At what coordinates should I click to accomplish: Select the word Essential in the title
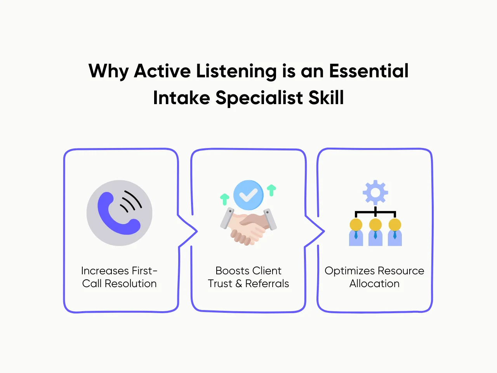[368, 71]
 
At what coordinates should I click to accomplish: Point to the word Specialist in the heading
[259, 98]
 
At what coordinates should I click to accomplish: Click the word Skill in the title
[326, 98]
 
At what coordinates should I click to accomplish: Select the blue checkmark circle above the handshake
[248, 195]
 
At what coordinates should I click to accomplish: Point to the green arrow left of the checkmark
[224, 199]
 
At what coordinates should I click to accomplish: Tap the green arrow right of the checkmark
[272, 190]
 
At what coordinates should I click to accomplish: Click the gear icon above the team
[375, 192]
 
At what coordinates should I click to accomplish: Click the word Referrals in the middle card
[267, 284]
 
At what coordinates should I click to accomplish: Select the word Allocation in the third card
[374, 284]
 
